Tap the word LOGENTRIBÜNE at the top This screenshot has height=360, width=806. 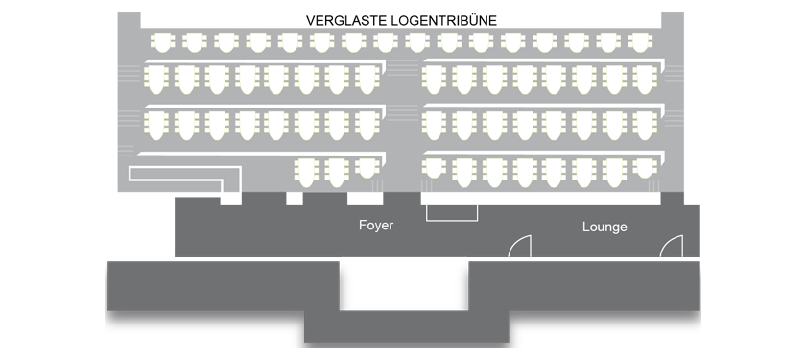(444, 20)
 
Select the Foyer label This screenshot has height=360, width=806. (376, 226)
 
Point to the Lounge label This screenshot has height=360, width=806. (604, 227)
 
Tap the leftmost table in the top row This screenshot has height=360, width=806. (162, 42)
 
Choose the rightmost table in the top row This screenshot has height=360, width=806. (640, 42)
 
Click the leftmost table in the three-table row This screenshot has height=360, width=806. (306, 173)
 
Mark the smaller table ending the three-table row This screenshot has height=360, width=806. (367, 168)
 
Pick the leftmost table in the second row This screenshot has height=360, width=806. (156, 80)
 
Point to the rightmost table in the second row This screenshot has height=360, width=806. (645, 80)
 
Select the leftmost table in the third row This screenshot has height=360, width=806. (156, 126)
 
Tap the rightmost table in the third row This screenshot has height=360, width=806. (645, 126)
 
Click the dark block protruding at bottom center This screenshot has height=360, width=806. (407, 326)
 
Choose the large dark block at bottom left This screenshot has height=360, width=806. (223, 286)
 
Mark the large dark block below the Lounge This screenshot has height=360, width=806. (584, 286)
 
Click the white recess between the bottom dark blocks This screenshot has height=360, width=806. (404, 284)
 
